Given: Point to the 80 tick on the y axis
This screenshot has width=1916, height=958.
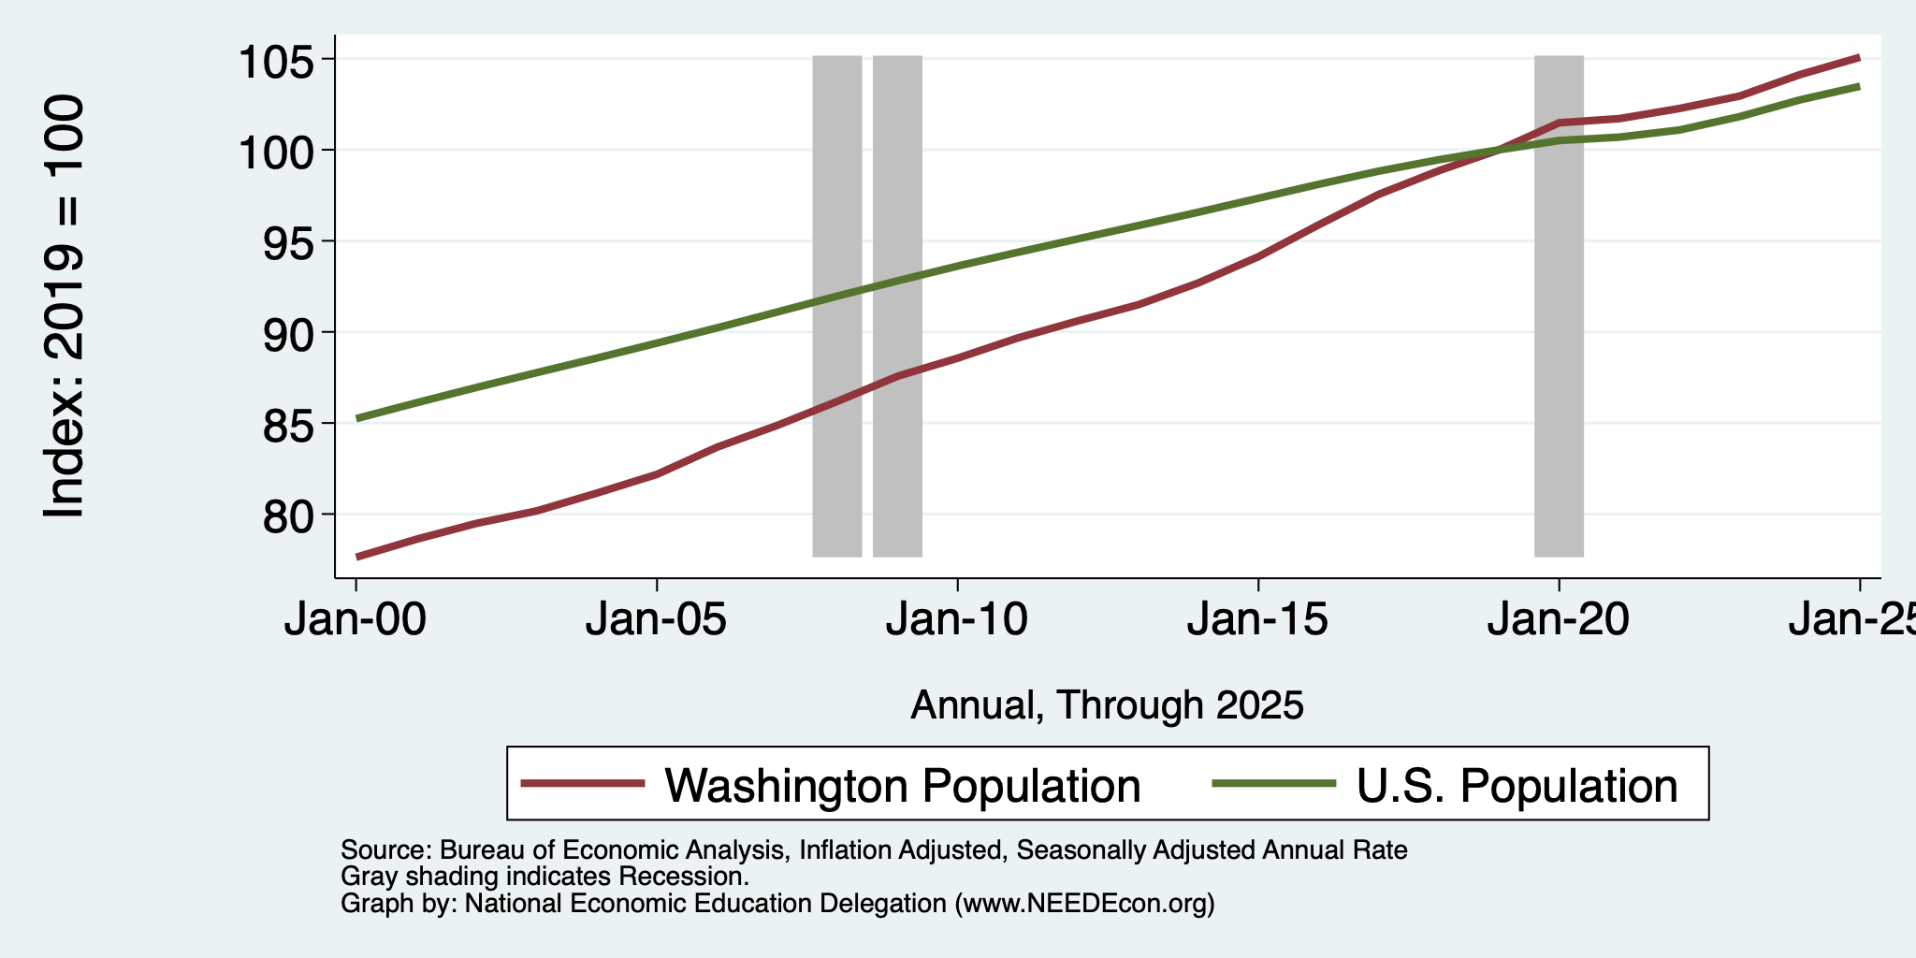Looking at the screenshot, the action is pyautogui.click(x=289, y=516).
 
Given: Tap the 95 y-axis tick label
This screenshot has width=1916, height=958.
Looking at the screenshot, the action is pyautogui.click(x=289, y=243).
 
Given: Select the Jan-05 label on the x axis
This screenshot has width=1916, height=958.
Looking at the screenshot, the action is pyautogui.click(x=656, y=620).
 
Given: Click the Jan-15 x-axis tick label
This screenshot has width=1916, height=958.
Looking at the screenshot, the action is pyautogui.click(x=1257, y=620).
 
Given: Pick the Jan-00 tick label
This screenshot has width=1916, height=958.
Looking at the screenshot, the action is pyautogui.click(x=356, y=620).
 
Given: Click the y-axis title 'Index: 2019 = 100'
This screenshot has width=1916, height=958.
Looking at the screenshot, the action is pyautogui.click(x=65, y=307).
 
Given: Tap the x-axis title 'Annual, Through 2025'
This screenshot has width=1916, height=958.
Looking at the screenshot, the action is pyautogui.click(x=1107, y=704).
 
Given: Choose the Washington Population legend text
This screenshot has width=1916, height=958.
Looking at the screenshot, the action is pyautogui.click(x=903, y=786).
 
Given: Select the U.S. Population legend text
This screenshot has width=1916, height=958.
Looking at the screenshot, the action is pyautogui.click(x=1517, y=786).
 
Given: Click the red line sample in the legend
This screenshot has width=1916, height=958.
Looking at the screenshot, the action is pyautogui.click(x=583, y=783).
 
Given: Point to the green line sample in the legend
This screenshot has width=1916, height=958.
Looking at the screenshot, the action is pyautogui.click(x=1273, y=783).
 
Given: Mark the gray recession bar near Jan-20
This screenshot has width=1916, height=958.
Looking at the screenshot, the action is pyautogui.click(x=1559, y=306).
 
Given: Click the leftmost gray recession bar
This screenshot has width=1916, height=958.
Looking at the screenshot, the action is pyautogui.click(x=836, y=306).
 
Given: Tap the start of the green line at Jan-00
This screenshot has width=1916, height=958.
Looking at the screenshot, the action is pyautogui.click(x=357, y=418).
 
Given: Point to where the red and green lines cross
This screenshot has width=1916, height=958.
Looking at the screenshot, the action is pyautogui.click(x=1499, y=150).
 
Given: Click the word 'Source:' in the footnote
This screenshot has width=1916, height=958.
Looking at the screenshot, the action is pyautogui.click(x=385, y=850).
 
